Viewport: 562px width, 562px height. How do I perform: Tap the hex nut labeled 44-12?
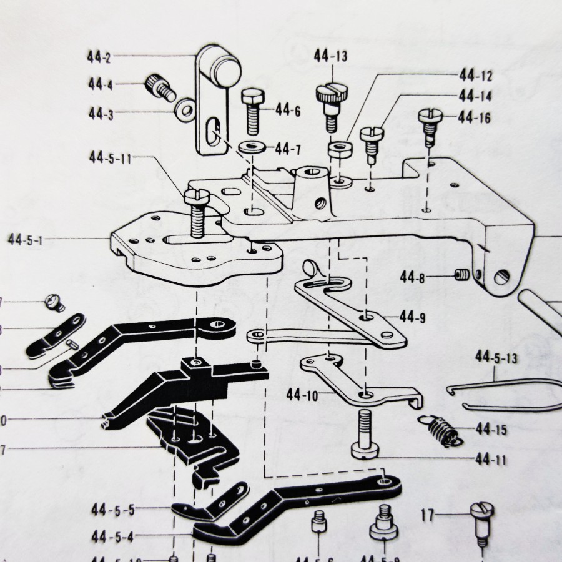[339, 149]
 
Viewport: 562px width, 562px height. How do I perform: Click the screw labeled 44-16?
[430, 126]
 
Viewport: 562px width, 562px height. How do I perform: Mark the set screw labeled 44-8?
[462, 275]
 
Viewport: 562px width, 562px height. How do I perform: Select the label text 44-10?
[303, 395]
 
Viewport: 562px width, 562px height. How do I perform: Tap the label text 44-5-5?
[113, 510]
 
